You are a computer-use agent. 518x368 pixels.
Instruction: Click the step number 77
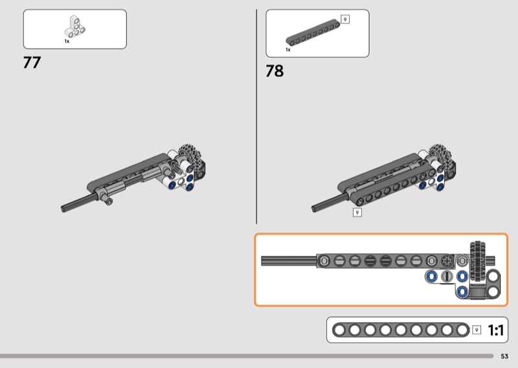pos(32,62)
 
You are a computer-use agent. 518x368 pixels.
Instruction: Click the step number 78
pos(275,71)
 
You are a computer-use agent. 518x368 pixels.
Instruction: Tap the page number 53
pos(504,356)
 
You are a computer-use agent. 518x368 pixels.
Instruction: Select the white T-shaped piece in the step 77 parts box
pos(74,27)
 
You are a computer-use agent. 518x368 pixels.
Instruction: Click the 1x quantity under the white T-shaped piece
pos(67,41)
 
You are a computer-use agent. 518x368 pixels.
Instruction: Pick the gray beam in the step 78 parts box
pos(313,33)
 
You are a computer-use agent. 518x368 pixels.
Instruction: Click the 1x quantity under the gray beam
pos(288,50)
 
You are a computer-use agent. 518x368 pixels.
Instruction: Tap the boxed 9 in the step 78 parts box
pos(345,19)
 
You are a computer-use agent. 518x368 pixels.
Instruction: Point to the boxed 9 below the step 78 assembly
pos(357,213)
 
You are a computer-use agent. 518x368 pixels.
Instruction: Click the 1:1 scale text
pos(496,330)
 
